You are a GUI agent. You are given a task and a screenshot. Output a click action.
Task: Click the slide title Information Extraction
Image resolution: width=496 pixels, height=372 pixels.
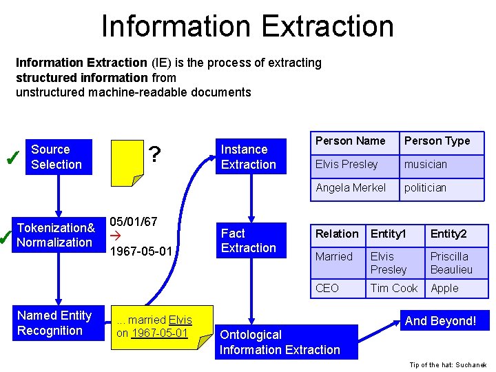coord(247,26)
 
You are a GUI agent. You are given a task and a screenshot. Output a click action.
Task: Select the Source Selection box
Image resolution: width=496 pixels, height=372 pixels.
coord(59,157)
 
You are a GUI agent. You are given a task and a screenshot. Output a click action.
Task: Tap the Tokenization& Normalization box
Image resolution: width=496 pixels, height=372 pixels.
coord(56,235)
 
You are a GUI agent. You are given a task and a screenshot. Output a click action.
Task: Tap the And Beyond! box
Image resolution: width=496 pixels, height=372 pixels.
coord(440,321)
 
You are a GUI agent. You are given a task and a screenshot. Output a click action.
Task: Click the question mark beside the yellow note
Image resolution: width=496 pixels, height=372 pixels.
coord(156,155)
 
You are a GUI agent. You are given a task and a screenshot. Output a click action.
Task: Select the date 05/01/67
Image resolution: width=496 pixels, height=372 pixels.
coord(134,222)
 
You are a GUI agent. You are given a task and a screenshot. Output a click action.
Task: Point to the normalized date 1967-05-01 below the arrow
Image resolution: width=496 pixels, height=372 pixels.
coord(141,251)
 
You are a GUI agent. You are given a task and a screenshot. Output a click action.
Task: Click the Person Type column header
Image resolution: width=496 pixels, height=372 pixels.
coord(437,141)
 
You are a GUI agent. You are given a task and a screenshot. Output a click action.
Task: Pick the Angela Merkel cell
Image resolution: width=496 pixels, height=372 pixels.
coord(351,187)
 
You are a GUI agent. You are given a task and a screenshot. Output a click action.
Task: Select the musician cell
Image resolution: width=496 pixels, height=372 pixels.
coord(426,165)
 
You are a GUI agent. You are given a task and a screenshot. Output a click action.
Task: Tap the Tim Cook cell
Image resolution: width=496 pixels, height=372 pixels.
coord(394,288)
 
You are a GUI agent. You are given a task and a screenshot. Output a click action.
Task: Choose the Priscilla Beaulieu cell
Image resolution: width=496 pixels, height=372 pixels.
coord(452,263)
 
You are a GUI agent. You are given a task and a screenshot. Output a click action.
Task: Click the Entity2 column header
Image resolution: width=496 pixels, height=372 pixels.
coord(448,234)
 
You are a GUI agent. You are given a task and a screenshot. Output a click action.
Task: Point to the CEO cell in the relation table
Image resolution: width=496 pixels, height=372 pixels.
coord(327,288)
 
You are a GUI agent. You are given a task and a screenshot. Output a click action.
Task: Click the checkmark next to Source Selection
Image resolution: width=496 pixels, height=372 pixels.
coord(11,159)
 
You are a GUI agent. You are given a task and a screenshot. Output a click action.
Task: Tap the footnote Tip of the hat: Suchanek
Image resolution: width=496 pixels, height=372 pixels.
coord(447,364)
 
